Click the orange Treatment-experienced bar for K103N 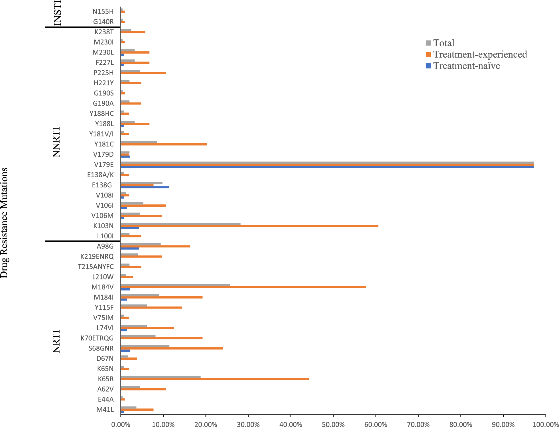[249, 226]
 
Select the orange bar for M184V [243, 287]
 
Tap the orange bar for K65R [215, 379]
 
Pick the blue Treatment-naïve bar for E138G [145, 187]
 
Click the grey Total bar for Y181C [139, 142]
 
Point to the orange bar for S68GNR [172, 348]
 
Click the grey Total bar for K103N [180, 224]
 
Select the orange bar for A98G [155, 246]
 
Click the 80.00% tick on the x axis [461, 424]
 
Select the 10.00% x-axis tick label [163, 424]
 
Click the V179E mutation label [104, 165]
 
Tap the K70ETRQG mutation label [97, 338]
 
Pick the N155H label [103, 11]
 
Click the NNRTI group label [56, 142]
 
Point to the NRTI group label [56, 341]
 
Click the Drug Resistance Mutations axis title [4, 223]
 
